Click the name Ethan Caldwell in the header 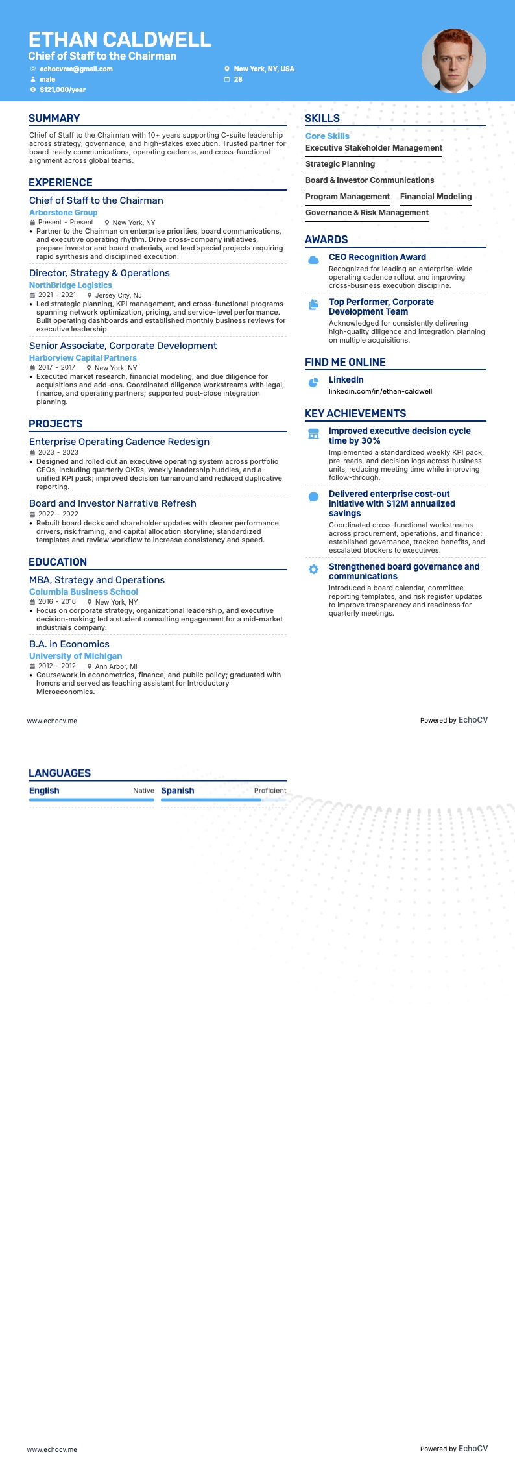(120, 40)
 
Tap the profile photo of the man (453, 61)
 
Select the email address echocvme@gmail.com (76, 69)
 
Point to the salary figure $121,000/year (62, 90)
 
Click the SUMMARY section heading (54, 118)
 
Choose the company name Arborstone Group (63, 213)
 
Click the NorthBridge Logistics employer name (70, 285)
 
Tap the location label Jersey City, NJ (118, 295)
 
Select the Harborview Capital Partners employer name (82, 358)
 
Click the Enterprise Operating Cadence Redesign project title (119, 442)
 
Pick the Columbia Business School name (83, 592)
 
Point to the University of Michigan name (75, 656)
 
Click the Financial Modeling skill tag (436, 197)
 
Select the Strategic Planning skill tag (340, 164)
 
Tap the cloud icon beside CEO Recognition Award (313, 259)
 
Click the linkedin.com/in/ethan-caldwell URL (380, 391)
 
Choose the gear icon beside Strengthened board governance (313, 569)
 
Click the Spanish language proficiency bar (223, 800)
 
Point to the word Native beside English (143, 791)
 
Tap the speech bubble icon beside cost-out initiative (313, 497)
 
